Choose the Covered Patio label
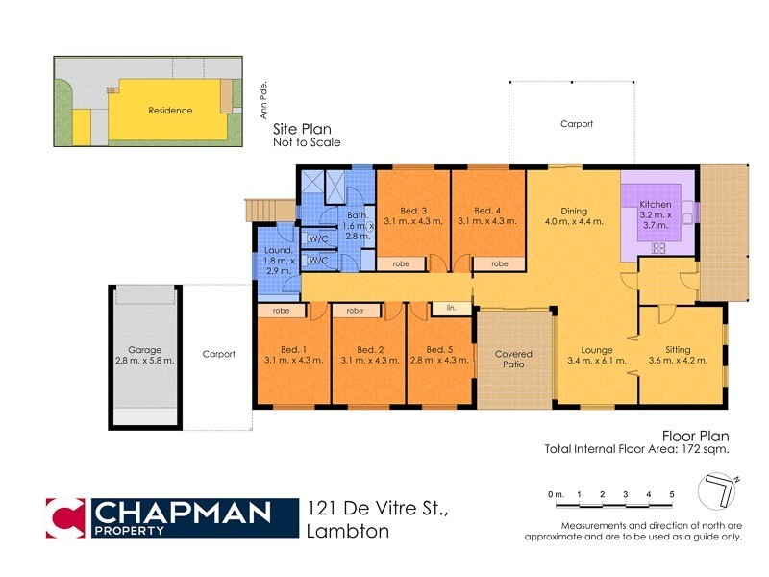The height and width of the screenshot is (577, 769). tap(513, 360)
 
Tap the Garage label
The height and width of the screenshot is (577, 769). tap(144, 355)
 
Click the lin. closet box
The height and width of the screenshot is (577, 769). tap(450, 309)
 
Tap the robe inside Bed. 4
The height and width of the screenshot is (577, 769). tap(500, 263)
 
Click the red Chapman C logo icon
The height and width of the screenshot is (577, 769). tap(65, 517)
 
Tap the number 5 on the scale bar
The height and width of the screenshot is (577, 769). tap(672, 494)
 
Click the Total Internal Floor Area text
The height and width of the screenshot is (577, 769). tap(636, 449)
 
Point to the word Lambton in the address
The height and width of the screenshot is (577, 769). tap(347, 532)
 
